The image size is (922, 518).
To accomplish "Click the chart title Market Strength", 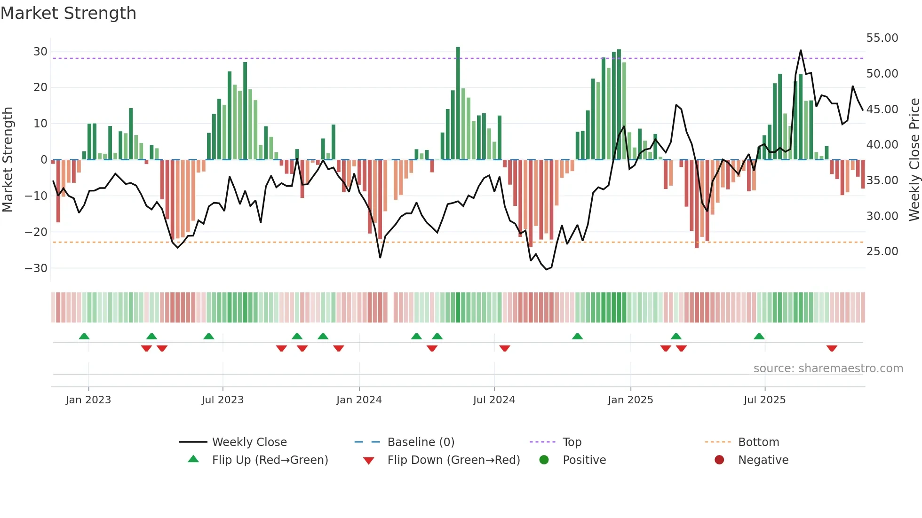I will tap(69, 13).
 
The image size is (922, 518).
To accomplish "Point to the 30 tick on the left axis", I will tap(40, 51).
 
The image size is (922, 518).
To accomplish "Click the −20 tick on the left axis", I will tap(36, 232).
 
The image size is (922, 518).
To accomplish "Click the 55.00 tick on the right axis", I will tap(882, 38).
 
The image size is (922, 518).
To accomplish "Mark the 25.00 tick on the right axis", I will tap(882, 251).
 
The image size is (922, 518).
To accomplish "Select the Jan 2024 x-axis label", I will tap(359, 400).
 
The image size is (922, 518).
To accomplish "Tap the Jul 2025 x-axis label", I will tap(764, 400).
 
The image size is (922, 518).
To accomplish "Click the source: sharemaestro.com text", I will tap(828, 369).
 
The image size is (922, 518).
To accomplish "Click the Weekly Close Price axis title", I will tap(914, 160).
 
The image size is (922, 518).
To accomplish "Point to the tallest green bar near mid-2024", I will tap(458, 103).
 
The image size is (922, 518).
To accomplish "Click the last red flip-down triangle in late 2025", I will tap(832, 348).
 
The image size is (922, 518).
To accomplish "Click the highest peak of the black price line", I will tap(801, 50).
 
